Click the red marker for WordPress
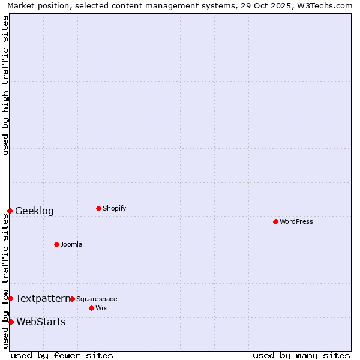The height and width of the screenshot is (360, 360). [275, 221]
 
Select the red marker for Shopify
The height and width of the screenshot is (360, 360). [98, 208]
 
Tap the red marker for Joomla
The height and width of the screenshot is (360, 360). [56, 244]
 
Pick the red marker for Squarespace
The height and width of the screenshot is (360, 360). [72, 299]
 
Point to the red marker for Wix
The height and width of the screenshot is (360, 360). [91, 308]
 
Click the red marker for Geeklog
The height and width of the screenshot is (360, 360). [10, 211]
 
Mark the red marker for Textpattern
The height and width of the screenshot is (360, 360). [10, 298]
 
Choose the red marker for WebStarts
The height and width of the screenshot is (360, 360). [11, 322]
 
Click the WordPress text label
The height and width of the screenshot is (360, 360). [296, 221]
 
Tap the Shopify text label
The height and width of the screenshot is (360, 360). [115, 208]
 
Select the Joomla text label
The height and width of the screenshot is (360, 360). [71, 244]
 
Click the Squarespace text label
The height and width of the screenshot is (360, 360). [97, 299]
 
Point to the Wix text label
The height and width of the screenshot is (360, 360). [101, 308]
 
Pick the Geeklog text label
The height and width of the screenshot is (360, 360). [35, 211]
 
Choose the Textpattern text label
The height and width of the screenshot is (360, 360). [43, 298]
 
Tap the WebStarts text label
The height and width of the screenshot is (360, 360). [41, 322]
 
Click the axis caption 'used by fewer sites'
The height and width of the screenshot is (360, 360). [62, 355]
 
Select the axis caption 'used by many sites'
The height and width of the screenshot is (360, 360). [301, 355]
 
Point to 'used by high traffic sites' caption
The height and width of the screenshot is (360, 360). [6, 85]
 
